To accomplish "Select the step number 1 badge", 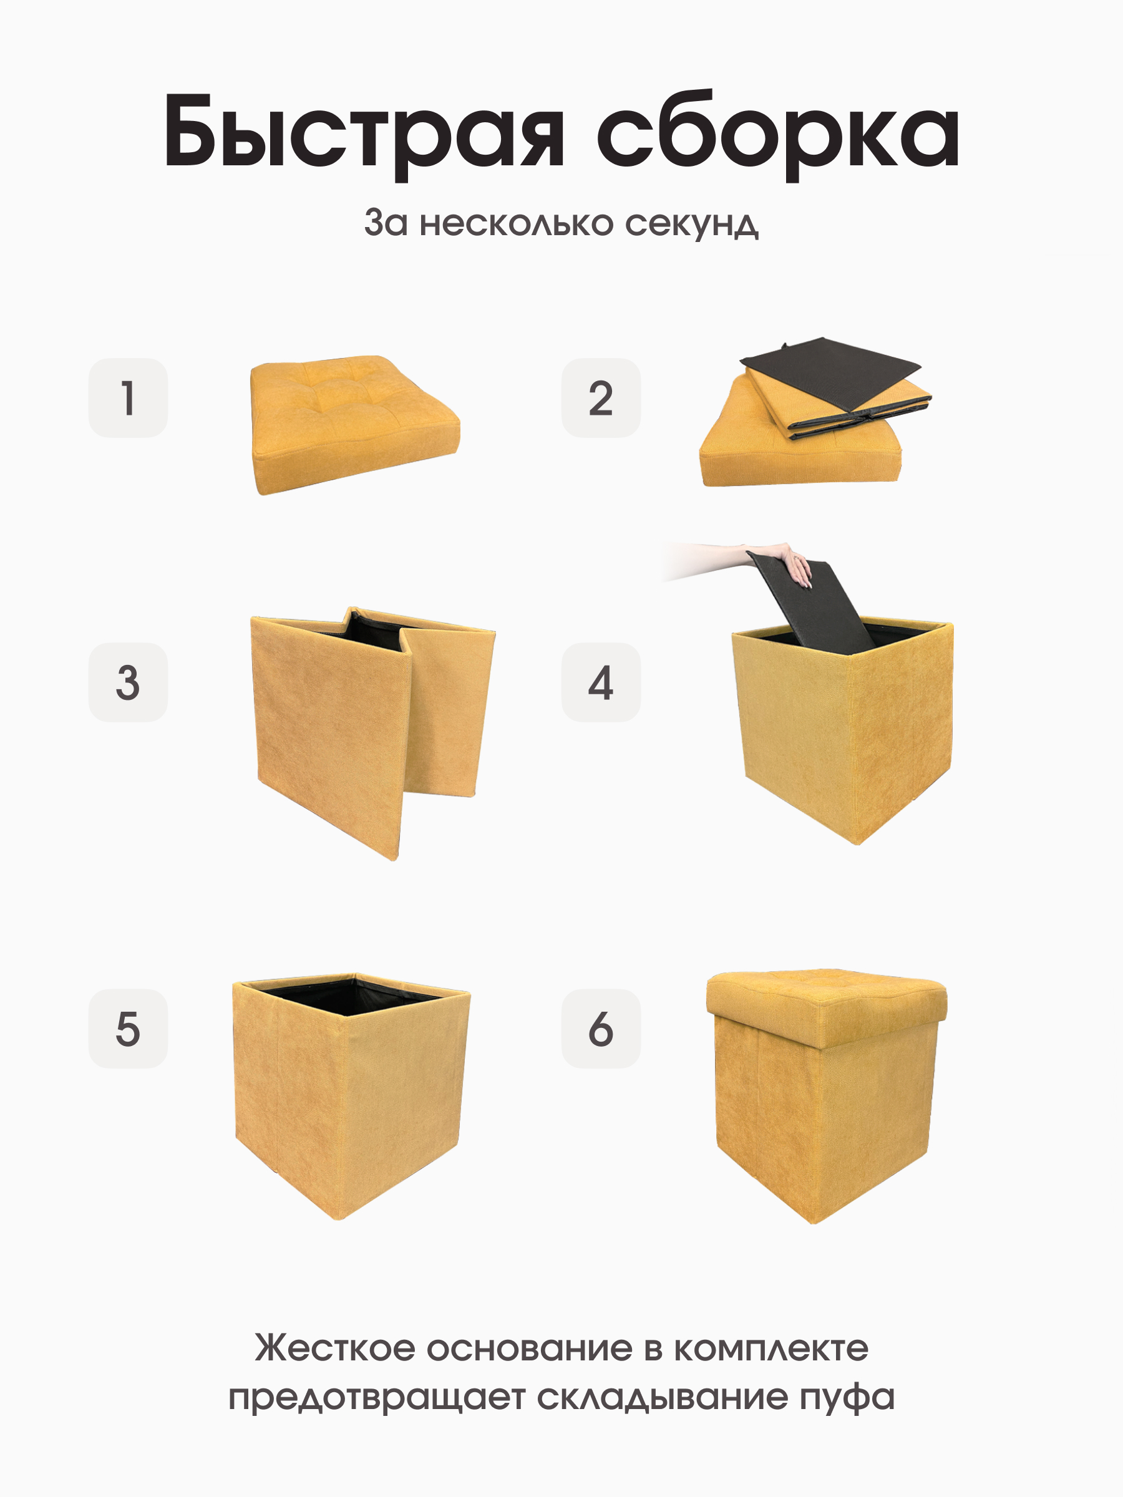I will click(128, 398).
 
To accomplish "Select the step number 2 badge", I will click(600, 398).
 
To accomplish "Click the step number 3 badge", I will click(128, 682).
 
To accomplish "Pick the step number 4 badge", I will click(600, 682).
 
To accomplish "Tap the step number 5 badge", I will click(128, 1029).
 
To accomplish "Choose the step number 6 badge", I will click(600, 1029).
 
